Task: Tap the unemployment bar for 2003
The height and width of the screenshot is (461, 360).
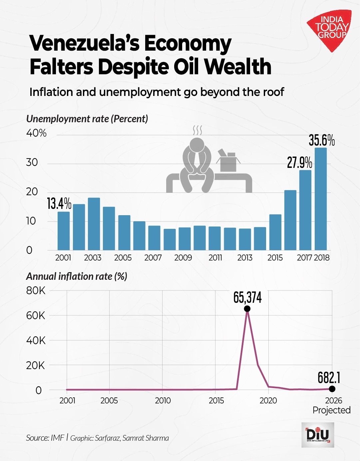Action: (x=94, y=224)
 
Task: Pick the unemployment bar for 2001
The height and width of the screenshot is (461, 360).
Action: (x=64, y=231)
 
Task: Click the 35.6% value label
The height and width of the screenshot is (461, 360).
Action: (x=321, y=141)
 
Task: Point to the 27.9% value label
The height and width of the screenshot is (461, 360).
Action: (x=300, y=163)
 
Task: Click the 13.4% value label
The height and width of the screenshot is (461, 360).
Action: (x=59, y=204)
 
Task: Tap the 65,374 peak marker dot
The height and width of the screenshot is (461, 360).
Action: (x=247, y=309)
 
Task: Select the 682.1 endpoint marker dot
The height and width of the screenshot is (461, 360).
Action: (x=332, y=389)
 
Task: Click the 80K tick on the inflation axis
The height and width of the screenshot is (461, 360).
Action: (x=36, y=291)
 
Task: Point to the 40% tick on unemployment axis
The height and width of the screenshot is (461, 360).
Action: (x=36, y=133)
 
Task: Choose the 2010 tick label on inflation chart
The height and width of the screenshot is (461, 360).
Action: (x=163, y=400)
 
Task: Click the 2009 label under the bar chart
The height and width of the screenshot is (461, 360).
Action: (x=183, y=258)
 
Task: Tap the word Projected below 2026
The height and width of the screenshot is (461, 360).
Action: (x=331, y=410)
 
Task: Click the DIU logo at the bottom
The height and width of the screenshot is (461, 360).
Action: (x=317, y=435)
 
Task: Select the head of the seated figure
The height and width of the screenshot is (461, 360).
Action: (x=197, y=145)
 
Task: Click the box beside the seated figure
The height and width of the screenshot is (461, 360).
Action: (x=228, y=162)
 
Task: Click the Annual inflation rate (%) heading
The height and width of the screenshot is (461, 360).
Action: (x=77, y=276)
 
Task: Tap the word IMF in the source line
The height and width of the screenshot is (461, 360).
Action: (x=57, y=438)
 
